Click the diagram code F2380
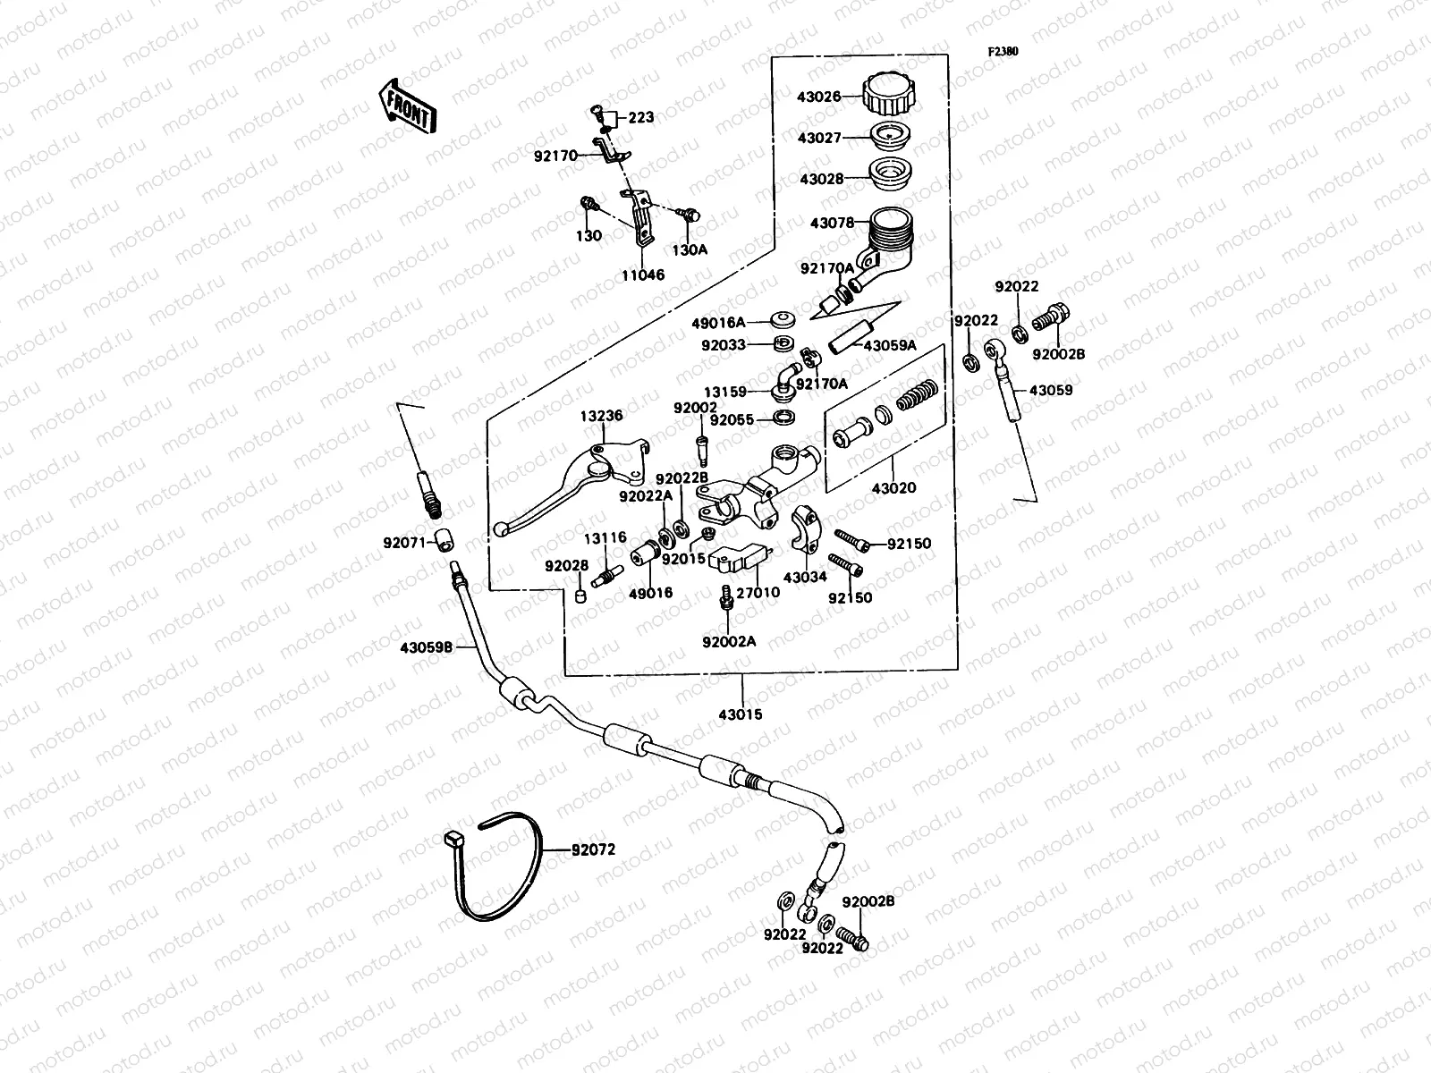tap(1003, 52)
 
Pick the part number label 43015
tap(744, 715)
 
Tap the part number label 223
tap(640, 117)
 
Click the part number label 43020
tap(893, 488)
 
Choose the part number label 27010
tap(758, 592)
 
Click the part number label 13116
tap(605, 538)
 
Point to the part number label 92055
tap(732, 419)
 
